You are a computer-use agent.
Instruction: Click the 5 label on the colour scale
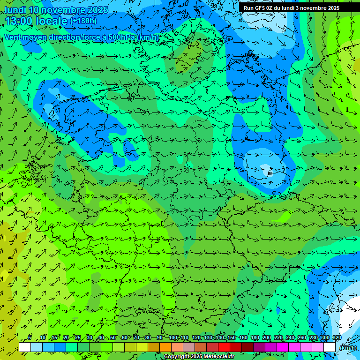click(30, 337)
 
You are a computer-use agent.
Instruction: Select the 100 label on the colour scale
click(172, 337)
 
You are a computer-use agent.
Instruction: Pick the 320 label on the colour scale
click(337, 337)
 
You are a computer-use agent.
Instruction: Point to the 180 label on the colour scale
click(255, 337)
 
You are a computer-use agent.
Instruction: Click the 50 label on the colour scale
click(113, 337)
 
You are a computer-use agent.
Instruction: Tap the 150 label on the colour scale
click(231, 337)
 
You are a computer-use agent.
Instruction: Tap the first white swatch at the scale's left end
click(25, 347)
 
